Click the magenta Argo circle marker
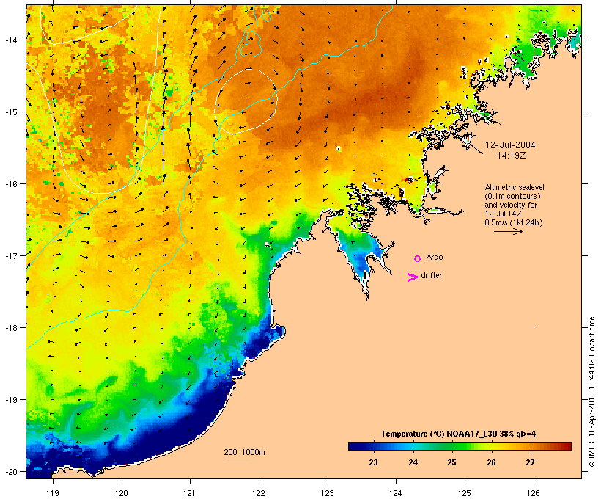(417, 258)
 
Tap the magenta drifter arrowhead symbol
(413, 277)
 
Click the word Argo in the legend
(435, 258)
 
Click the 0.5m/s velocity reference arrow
(508, 231)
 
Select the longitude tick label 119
(53, 484)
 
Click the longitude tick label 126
(534, 484)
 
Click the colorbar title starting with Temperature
(460, 434)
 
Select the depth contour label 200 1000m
(244, 451)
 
